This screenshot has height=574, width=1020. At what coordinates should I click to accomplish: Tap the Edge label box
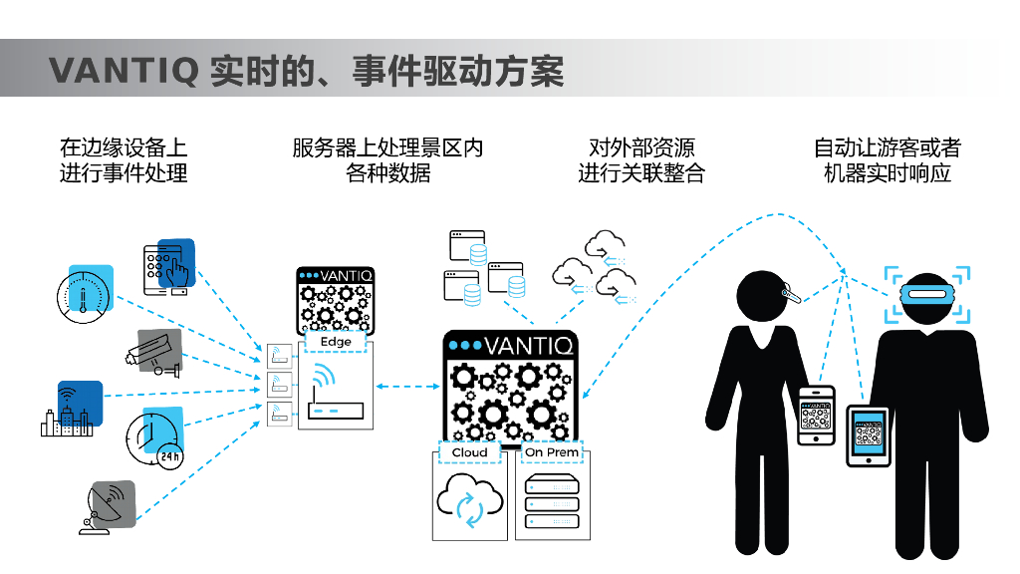click(x=336, y=342)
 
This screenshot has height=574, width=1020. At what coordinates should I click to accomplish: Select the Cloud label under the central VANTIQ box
click(x=469, y=452)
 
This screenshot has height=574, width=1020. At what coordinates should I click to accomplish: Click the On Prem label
click(x=551, y=452)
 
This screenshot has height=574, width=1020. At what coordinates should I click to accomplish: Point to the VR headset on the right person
click(x=927, y=294)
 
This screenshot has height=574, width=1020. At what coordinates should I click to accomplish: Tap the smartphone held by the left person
click(x=816, y=415)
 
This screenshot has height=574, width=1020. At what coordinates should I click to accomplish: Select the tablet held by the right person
click(x=868, y=435)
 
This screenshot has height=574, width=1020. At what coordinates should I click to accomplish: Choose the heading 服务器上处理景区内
click(x=387, y=147)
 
